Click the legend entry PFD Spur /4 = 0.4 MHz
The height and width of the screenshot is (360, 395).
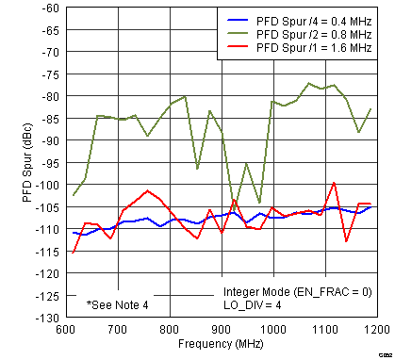pos(305,17)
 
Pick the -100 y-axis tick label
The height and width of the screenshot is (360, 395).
pos(44,185)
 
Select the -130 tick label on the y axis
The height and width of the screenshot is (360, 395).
pos(44,318)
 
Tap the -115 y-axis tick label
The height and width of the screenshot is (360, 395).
pos(44,252)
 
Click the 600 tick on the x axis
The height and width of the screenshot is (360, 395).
pos(65,330)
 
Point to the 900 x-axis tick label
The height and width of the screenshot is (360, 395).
pos(222,330)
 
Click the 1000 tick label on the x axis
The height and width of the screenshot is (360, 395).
pos(273,330)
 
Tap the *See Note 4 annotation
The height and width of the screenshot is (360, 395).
pos(118,304)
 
